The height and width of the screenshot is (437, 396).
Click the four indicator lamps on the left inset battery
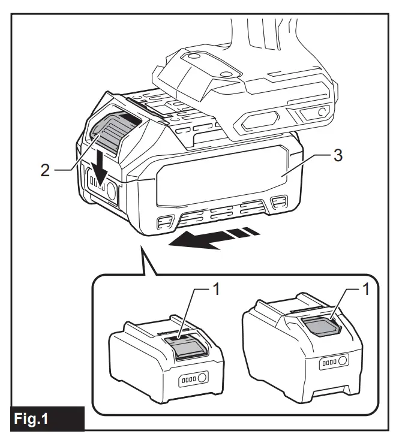[x=187, y=379]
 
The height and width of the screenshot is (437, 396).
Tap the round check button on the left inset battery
[x=202, y=378]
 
